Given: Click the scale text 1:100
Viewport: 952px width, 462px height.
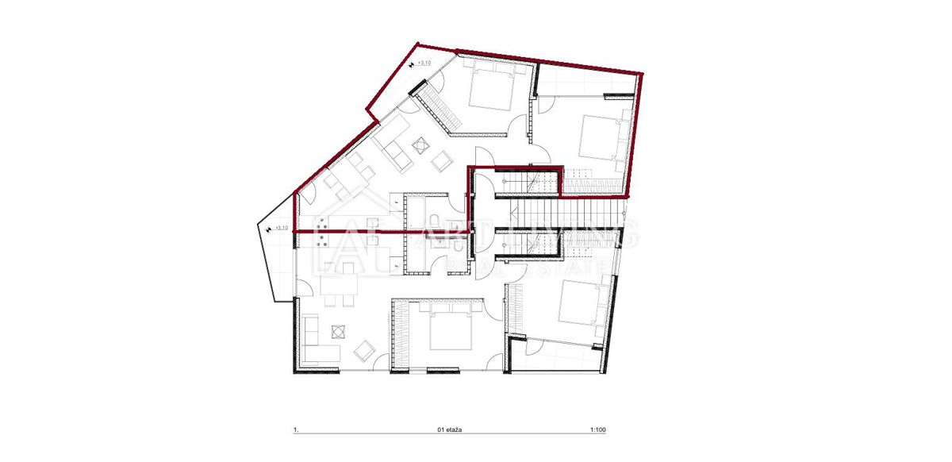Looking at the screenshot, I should point(598,430).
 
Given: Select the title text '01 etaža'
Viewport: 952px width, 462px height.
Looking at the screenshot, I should point(449,430).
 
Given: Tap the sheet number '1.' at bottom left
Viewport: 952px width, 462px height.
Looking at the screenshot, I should point(296,430).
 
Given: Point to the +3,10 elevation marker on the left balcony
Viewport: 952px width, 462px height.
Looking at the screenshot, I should point(278,229).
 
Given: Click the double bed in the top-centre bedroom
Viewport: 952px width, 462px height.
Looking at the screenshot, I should point(493,87).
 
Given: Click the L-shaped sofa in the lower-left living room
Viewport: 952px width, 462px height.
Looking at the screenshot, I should point(317,341).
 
